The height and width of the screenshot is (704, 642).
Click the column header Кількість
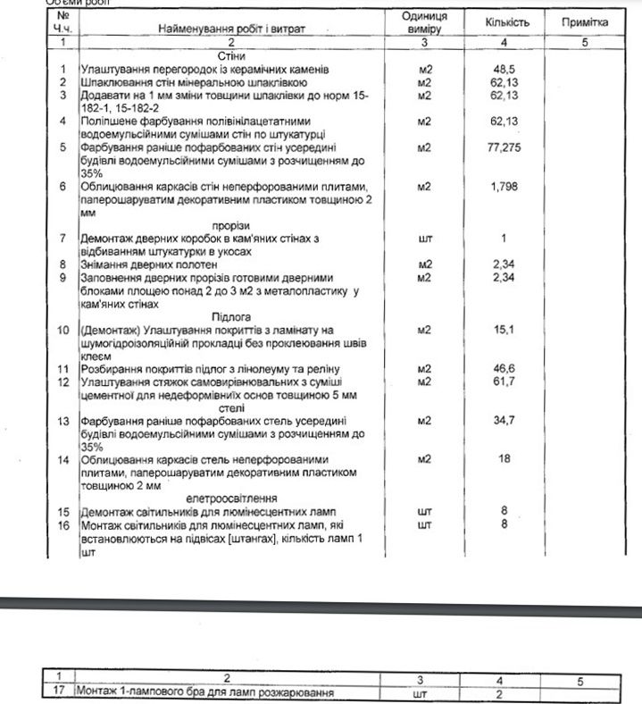[x=508, y=21]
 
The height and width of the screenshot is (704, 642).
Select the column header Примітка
[x=585, y=21]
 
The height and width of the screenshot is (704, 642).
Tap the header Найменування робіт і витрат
[x=231, y=29]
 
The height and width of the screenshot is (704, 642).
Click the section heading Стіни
[x=231, y=55]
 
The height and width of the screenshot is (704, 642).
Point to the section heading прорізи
[x=230, y=225]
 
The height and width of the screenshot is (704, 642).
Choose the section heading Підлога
[x=230, y=316]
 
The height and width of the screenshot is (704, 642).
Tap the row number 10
[x=63, y=331]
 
